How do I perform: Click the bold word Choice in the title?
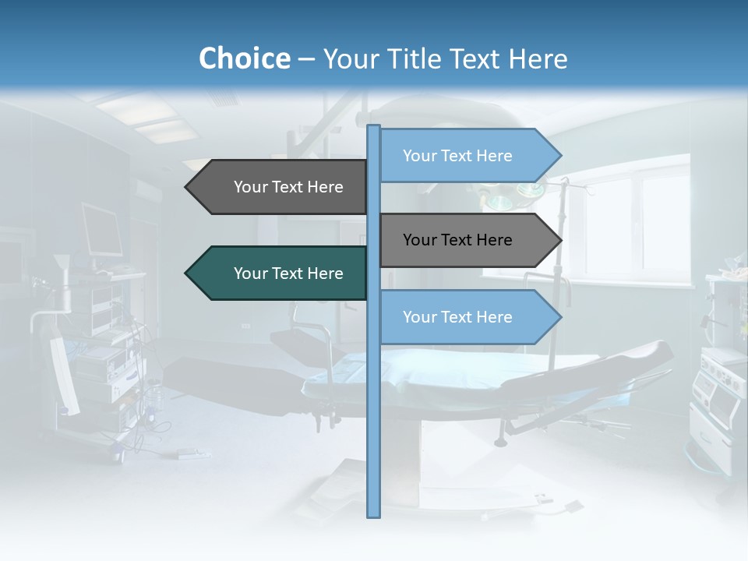[245, 58]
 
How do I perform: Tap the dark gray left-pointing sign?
[280, 187]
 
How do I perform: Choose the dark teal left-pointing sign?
[280, 273]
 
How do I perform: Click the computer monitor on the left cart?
[101, 230]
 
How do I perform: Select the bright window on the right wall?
[631, 218]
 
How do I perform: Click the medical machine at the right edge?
[721, 374]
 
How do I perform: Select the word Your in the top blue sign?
[419, 156]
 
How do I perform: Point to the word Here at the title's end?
[538, 58]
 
